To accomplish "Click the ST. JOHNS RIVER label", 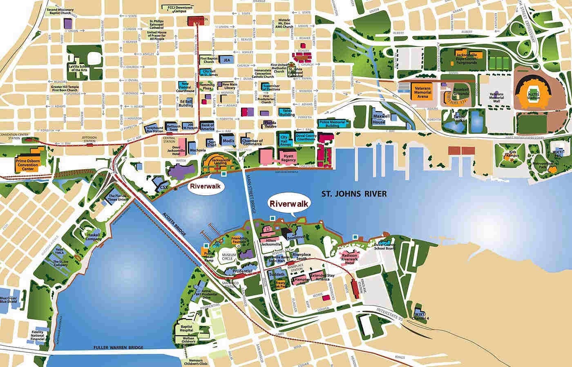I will (354, 194).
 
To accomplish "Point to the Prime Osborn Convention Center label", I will (26, 164).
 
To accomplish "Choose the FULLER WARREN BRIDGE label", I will (112, 347).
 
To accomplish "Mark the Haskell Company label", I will (93, 238).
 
